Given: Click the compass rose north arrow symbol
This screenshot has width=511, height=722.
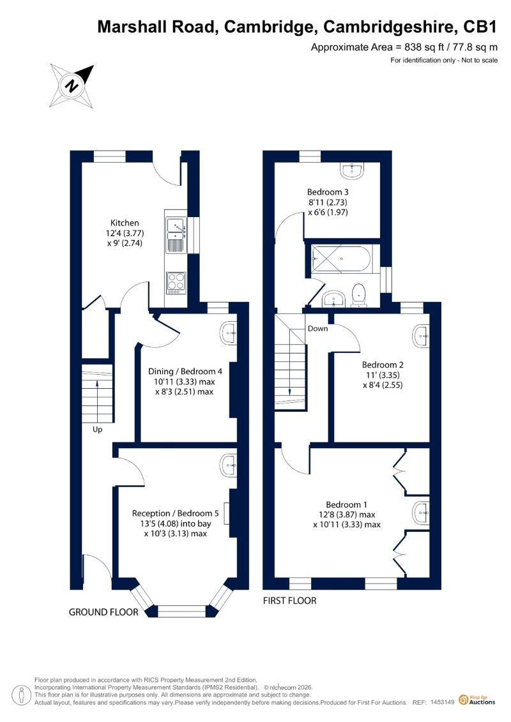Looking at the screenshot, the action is pos(72,86).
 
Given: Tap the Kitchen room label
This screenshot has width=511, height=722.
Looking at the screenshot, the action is pos(125,223).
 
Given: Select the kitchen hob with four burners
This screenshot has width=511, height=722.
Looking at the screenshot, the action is pos(176,283).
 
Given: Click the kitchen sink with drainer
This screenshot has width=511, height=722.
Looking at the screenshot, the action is pos(176,236).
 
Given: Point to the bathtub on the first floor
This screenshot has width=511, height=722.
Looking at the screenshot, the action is pos(341,259).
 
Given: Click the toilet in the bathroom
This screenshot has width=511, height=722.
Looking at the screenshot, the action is pos(358,295).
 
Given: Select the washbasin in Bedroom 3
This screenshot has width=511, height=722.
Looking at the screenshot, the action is pos(353,170).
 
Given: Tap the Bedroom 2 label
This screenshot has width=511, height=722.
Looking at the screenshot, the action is pos(383,365).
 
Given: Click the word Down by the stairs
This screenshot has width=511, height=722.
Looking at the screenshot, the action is pos(318,328).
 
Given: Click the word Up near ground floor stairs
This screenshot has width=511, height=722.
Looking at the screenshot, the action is pos(97,430).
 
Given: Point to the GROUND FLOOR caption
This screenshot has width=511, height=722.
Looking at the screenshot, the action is pos(103,612).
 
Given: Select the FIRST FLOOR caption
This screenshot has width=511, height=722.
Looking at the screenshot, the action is pos(290,601).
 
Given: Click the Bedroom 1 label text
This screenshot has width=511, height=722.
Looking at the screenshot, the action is pos(346,505).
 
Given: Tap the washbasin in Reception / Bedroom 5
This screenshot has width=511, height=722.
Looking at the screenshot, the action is pos(229,466).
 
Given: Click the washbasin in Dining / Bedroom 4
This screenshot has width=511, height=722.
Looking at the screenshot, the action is pos(229,334).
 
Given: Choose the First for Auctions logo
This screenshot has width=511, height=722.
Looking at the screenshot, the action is pos(477,700).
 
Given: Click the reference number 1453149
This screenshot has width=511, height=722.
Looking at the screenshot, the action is pos(443,702).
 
